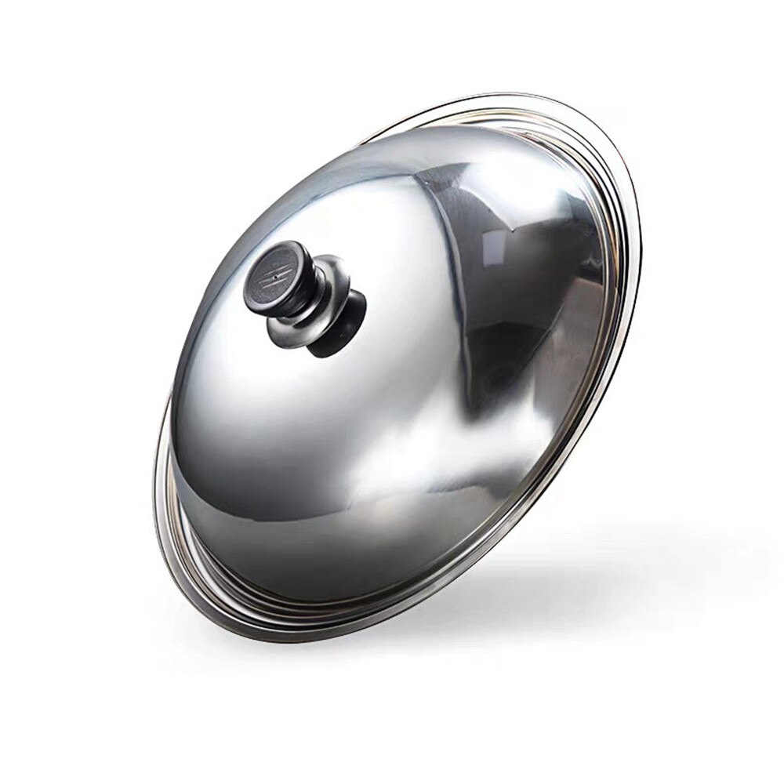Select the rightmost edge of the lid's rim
coord(639,235)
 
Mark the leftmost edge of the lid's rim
coord(154,502)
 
